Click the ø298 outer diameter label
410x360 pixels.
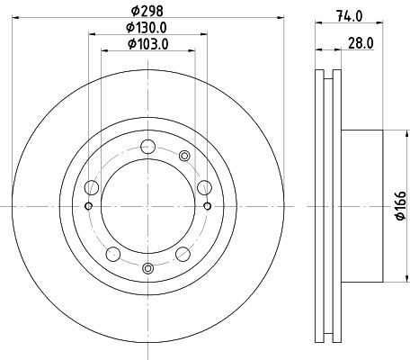pyautogui.click(x=149, y=10)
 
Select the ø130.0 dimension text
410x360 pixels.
pyautogui.click(x=149, y=27)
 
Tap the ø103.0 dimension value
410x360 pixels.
pyautogui.click(x=149, y=44)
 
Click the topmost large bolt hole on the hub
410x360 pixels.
pyautogui.click(x=149, y=146)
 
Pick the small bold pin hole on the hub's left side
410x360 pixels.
pyautogui.click(x=89, y=206)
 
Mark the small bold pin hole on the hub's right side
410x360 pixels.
pyautogui.click(x=209, y=206)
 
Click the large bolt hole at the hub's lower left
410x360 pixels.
pyautogui.click(x=114, y=252)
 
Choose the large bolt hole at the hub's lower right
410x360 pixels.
pyautogui.click(x=183, y=252)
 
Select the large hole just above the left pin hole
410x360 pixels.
pyautogui.click(x=92, y=187)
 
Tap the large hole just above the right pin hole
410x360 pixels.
pyautogui.click(x=205, y=187)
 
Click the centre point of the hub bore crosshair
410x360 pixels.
pyautogui.click(x=149, y=206)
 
